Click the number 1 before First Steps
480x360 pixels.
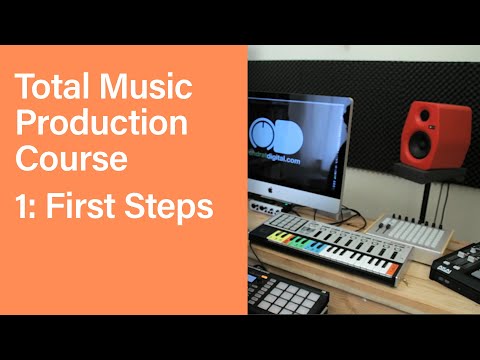[x=22, y=207]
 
